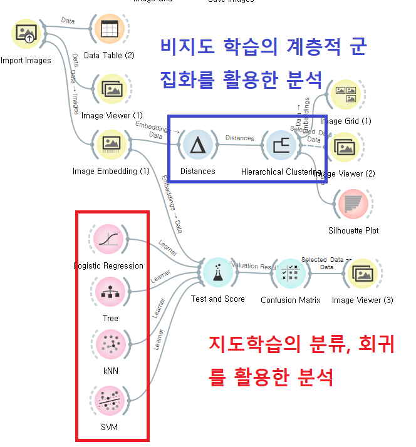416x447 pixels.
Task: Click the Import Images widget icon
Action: [x=28, y=34]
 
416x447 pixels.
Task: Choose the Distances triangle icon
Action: [x=198, y=145]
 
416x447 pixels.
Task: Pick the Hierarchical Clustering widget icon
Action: [x=281, y=145]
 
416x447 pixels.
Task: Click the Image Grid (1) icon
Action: [x=345, y=95]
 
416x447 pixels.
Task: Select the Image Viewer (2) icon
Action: [x=345, y=148]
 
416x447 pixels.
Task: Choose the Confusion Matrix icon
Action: [x=290, y=273]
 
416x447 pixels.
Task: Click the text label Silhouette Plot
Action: [x=353, y=230]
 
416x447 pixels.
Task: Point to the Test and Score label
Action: [x=217, y=299]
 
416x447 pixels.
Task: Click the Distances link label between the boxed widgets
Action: [x=239, y=138]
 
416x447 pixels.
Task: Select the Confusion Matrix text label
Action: [x=291, y=300]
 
